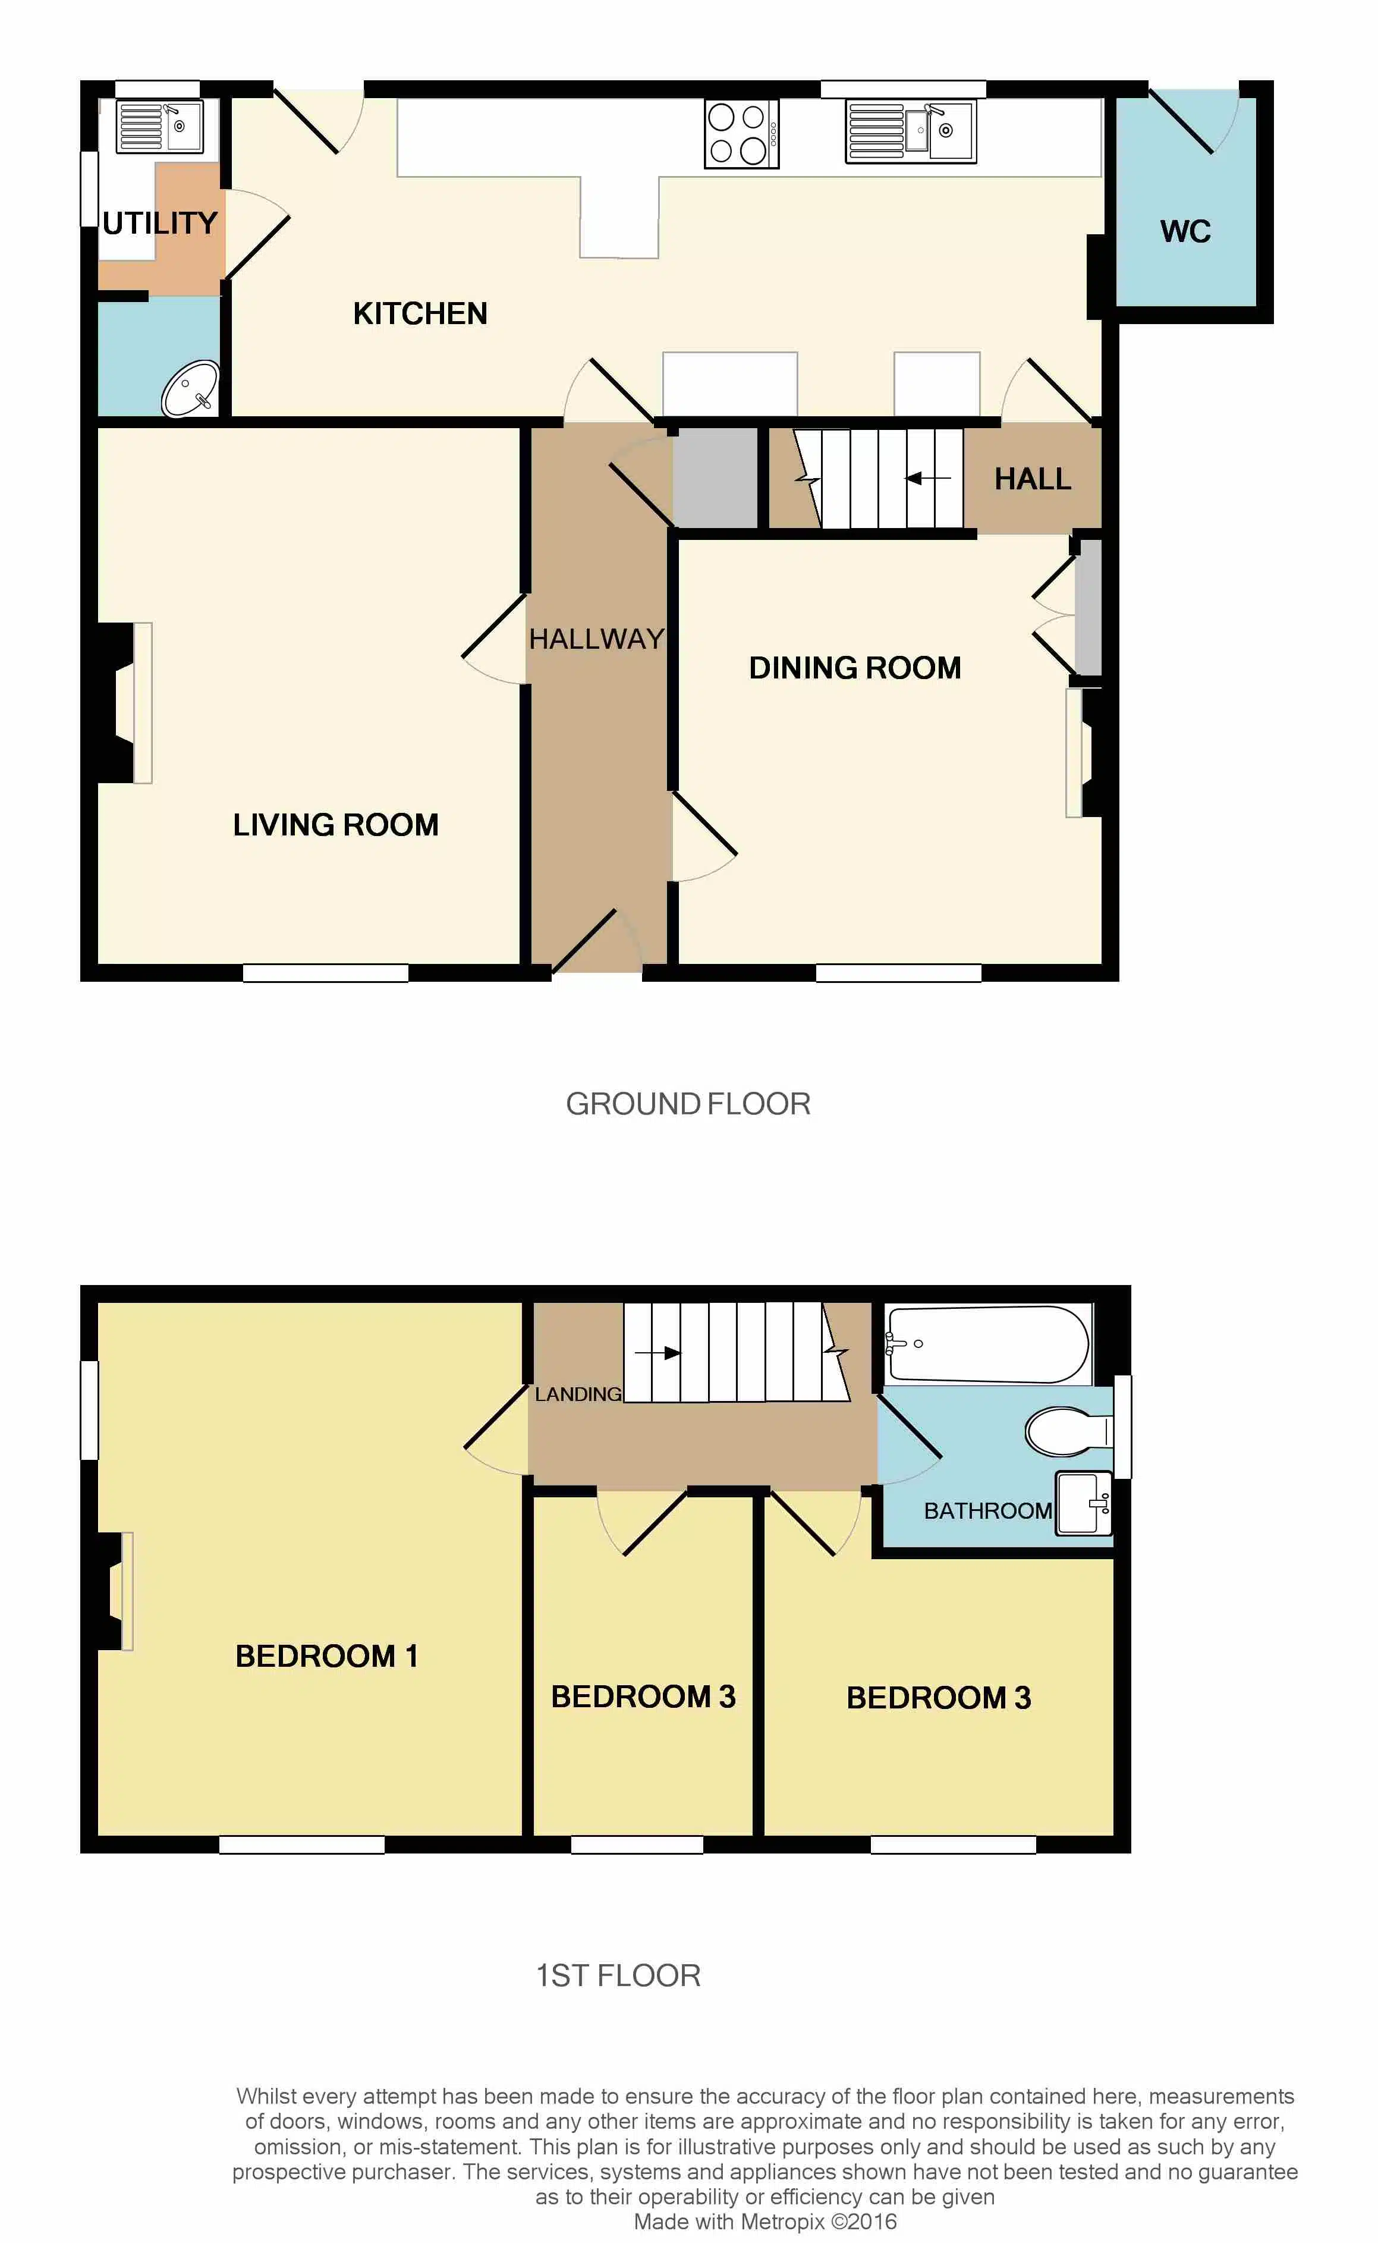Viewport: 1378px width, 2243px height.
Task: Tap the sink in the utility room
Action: (159, 126)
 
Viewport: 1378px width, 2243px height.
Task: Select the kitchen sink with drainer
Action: (911, 131)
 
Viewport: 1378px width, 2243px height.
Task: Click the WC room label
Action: (1185, 231)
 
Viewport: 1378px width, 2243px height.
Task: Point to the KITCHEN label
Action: (420, 313)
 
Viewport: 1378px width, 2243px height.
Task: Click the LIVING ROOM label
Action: (335, 825)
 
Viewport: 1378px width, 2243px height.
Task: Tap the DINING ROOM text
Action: (855, 668)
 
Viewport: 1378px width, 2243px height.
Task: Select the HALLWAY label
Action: (597, 639)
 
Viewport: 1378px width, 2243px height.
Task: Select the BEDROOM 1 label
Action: (326, 1656)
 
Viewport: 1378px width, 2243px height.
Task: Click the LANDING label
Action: (578, 1394)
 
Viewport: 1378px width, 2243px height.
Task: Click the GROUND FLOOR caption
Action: (688, 1104)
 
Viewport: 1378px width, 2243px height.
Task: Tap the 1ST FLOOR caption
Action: (618, 1976)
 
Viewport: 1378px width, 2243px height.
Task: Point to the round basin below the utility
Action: (190, 388)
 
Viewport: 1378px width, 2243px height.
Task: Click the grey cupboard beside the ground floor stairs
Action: (715, 477)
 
